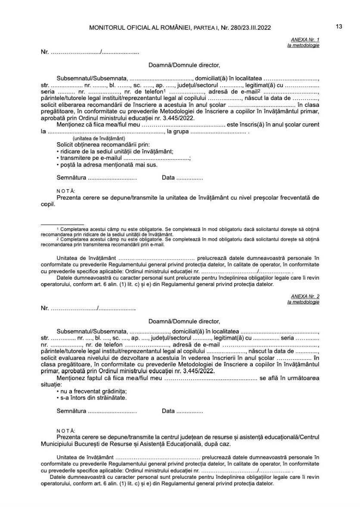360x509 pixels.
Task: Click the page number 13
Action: pyautogui.click(x=339, y=27)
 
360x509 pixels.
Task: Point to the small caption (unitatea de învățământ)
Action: pyautogui.click(x=99, y=139)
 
